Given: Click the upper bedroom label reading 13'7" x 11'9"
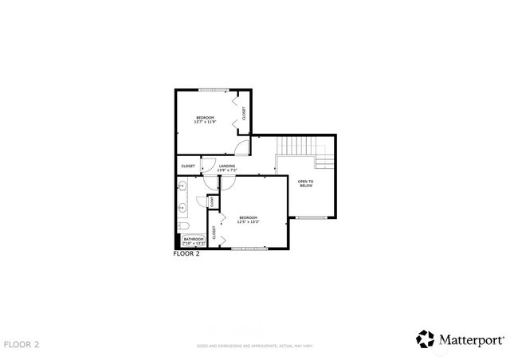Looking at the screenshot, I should point(205,119).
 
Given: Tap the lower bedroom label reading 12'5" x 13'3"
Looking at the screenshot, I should point(248,220).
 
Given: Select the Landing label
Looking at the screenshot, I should point(227,168).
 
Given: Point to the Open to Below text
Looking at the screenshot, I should point(305,184).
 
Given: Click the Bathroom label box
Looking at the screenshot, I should point(194,241).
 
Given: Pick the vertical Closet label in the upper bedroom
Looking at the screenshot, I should point(244,114).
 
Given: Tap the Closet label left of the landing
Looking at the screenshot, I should point(188,166).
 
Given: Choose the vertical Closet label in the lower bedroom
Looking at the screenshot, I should point(214,233).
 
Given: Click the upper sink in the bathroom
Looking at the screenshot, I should point(182,186).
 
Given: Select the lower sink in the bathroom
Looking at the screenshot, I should point(182,207).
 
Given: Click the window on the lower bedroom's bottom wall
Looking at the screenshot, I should point(249,249).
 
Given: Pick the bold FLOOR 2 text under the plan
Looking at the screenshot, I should point(186,255).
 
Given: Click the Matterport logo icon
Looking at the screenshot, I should point(426,338).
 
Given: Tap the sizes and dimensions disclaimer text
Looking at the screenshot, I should point(255,346).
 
